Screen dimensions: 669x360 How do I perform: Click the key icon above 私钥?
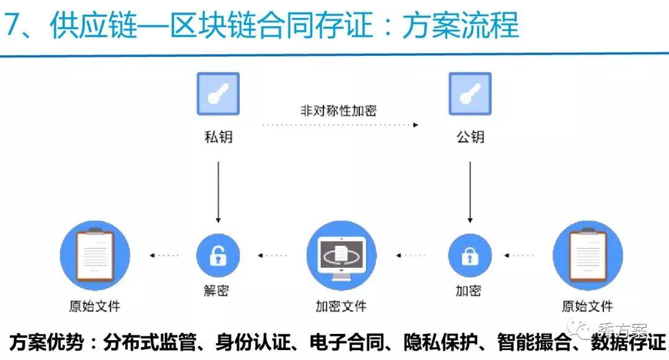[x=218, y=94]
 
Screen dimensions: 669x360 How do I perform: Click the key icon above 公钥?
[x=470, y=94]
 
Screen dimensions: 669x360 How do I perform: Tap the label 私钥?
[x=219, y=137]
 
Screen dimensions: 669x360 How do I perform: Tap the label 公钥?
[x=470, y=137]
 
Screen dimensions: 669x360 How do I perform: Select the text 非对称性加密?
[x=338, y=110]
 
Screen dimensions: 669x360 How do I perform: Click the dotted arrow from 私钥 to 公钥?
[x=340, y=125]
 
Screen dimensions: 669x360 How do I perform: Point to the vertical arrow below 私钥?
[x=218, y=192]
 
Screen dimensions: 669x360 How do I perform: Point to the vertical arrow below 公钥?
[x=470, y=192]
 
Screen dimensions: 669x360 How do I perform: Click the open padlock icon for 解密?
[x=218, y=255]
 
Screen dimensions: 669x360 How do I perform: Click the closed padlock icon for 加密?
[x=470, y=255]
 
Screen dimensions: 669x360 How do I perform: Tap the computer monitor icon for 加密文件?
[x=341, y=255]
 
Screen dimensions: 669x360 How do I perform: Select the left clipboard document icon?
[x=95, y=255]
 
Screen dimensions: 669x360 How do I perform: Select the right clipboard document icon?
[x=588, y=255]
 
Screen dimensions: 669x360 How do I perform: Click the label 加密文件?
[x=341, y=306]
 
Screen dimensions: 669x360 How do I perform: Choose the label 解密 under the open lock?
[x=216, y=291]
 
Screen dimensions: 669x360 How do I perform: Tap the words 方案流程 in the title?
[x=460, y=25]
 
